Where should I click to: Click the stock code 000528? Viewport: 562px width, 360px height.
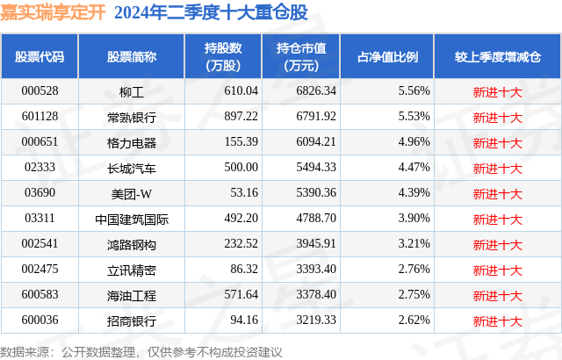coord(39,90)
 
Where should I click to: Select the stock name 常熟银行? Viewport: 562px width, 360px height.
coord(131,116)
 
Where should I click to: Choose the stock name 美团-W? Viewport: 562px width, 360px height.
coord(131,192)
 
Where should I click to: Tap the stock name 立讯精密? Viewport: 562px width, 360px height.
coord(131,269)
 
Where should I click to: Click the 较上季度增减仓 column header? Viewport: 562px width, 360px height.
coord(497,56)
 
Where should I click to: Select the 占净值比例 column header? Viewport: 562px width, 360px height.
coord(387,56)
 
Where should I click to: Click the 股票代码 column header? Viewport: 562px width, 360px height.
coord(40,56)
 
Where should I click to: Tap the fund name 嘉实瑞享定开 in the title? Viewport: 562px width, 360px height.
coord(52,12)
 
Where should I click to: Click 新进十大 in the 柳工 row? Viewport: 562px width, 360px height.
coord(497,90)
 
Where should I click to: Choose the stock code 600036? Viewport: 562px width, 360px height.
coord(39,320)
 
